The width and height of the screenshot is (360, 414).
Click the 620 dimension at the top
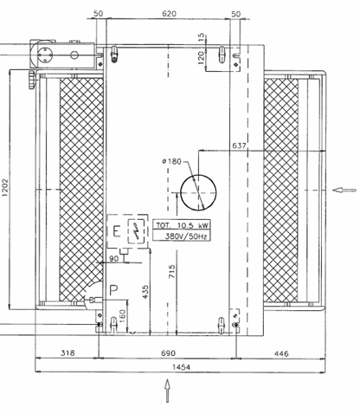pyautogui.click(x=169, y=14)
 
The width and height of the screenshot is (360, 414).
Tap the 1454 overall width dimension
pyautogui.click(x=181, y=367)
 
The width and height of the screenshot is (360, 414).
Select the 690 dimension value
pyautogui.click(x=168, y=353)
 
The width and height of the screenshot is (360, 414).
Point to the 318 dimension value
pyautogui.click(x=67, y=353)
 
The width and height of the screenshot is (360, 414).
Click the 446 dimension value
pyautogui.click(x=281, y=353)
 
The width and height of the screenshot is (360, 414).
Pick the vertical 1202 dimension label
pyautogui.click(x=5, y=188)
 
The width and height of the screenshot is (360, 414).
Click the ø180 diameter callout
pyautogui.click(x=171, y=161)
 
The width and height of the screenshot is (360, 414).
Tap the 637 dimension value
pyautogui.click(x=239, y=146)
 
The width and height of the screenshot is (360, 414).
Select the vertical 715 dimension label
pyautogui.click(x=171, y=271)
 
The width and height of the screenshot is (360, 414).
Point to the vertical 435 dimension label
pyautogui.click(x=146, y=292)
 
